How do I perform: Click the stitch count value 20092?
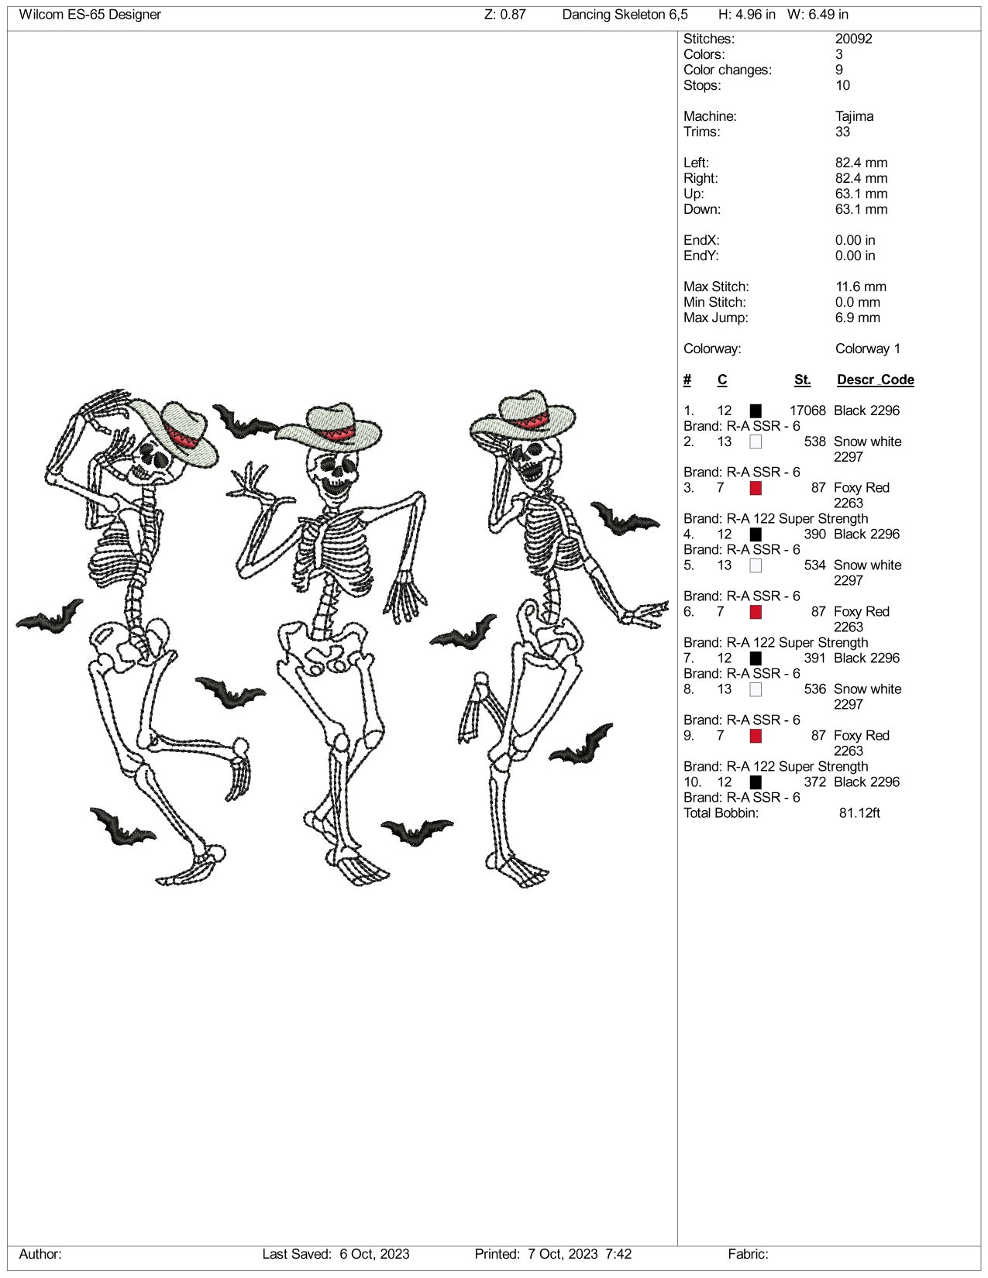(x=853, y=39)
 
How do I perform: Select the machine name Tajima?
(x=854, y=116)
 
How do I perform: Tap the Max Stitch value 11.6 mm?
(x=860, y=287)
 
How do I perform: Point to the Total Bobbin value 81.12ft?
(x=859, y=813)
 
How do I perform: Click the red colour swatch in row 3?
(x=756, y=488)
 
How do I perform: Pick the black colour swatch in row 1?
(x=756, y=411)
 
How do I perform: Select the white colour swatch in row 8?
(x=756, y=689)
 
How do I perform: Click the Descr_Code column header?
(x=875, y=380)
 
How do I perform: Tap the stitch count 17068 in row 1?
(x=807, y=411)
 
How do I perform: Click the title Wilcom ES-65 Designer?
(x=90, y=15)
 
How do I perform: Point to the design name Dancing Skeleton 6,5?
(x=625, y=15)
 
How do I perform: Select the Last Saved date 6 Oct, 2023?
(x=374, y=1254)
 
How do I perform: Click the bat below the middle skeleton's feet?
(x=416, y=832)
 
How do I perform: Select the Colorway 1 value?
(x=867, y=349)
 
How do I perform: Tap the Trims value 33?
(x=842, y=132)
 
